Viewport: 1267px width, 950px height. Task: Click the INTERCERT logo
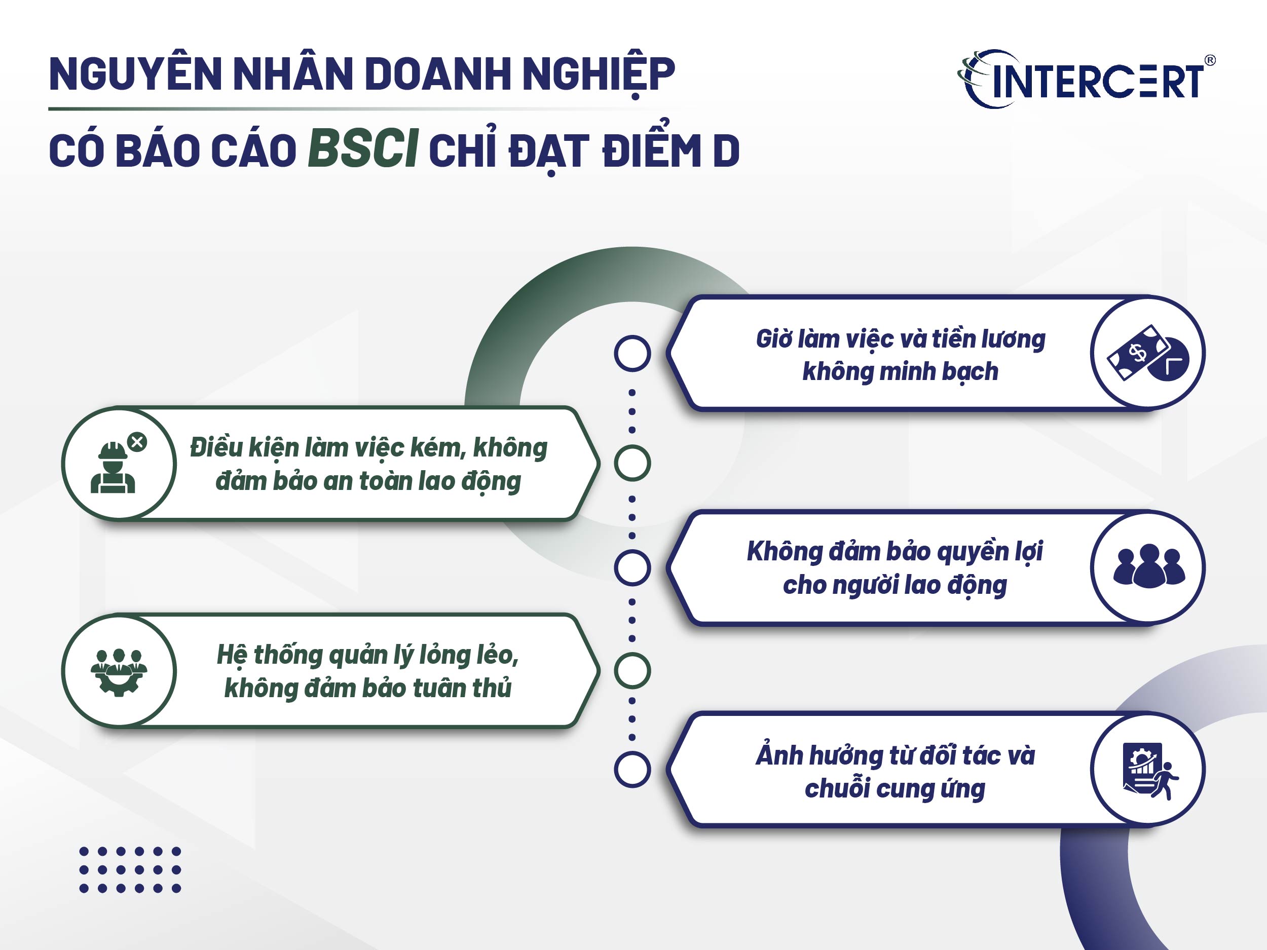pos(1086,81)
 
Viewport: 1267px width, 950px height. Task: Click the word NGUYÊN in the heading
pos(135,74)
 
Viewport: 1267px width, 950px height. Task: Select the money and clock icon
pos(1147,353)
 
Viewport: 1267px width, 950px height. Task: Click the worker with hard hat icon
pos(114,467)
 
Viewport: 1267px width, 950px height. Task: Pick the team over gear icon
pos(119,672)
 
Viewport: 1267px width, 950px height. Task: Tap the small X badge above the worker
pos(137,442)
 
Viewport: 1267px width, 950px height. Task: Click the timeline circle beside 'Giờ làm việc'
pos(632,353)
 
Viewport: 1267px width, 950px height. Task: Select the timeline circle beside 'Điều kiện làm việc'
pos(632,463)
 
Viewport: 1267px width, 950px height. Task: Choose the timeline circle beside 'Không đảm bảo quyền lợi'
pos(632,567)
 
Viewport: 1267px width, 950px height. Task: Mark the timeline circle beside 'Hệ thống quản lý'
pos(632,670)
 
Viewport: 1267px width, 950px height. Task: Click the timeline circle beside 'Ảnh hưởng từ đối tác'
pos(632,770)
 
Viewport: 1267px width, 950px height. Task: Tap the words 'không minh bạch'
pos(900,371)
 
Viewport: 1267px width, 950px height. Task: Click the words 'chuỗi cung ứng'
pos(895,789)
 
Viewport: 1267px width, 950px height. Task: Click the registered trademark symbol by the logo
pos(1210,60)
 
